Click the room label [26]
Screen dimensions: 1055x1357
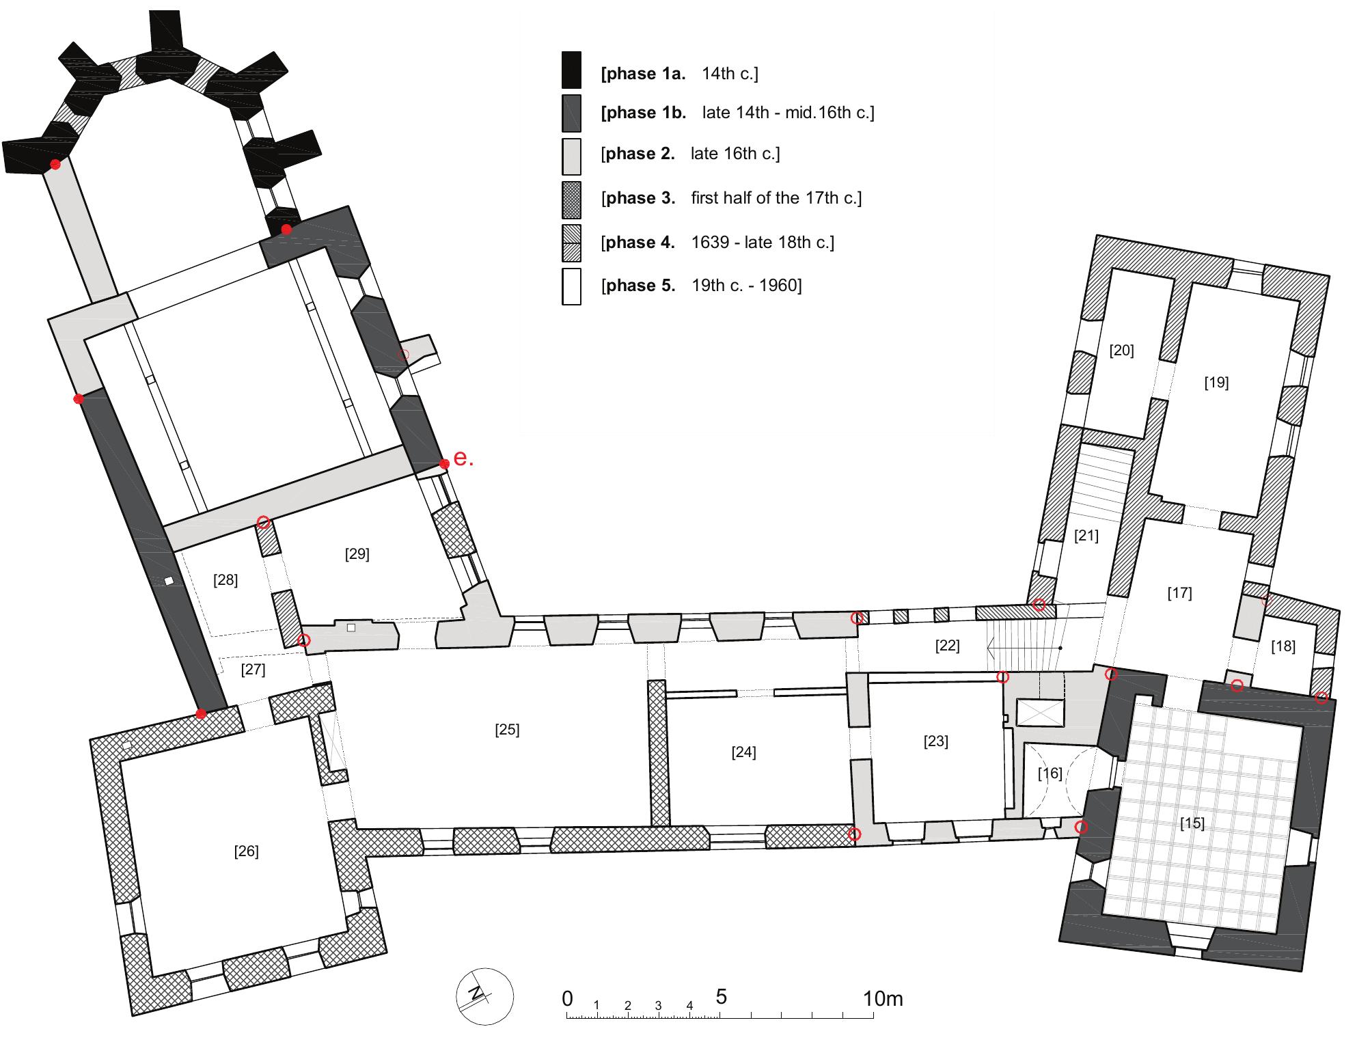pyautogui.click(x=246, y=851)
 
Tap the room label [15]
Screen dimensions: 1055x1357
pyautogui.click(x=1192, y=823)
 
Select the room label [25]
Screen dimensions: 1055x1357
pyautogui.click(x=507, y=730)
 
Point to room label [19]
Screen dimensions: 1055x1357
pyautogui.click(x=1216, y=383)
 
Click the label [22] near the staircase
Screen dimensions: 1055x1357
pyautogui.click(x=947, y=646)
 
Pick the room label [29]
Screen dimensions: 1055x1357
pyautogui.click(x=357, y=554)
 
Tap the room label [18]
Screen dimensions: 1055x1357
pyautogui.click(x=1283, y=646)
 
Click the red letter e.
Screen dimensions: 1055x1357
pyautogui.click(x=463, y=458)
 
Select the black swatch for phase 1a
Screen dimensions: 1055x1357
pyautogui.click(x=571, y=70)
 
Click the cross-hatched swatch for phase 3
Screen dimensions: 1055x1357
pyautogui.click(x=571, y=199)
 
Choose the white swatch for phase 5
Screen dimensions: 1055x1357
pyautogui.click(x=571, y=286)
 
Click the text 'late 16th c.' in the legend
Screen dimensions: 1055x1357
pyautogui.click(x=735, y=154)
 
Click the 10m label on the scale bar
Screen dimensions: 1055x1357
pyautogui.click(x=882, y=999)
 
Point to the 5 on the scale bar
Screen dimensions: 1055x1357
pyautogui.click(x=721, y=997)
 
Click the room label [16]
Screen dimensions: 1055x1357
pyautogui.click(x=1050, y=773)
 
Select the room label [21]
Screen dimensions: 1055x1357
pyautogui.click(x=1086, y=536)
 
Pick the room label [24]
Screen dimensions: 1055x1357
pyautogui.click(x=743, y=752)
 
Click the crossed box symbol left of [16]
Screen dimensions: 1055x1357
pyautogui.click(x=1040, y=713)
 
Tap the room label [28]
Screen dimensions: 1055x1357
pyautogui.click(x=225, y=580)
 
